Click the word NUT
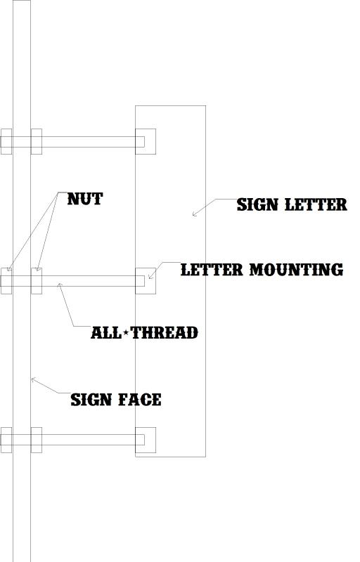85,199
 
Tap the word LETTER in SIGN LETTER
316,204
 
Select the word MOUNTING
297,270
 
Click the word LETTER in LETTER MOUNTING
212,270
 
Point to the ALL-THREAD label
145,332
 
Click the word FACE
140,400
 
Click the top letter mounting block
146,142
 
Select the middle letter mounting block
146,281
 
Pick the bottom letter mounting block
146,440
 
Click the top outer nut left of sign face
6,142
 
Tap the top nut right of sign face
37,142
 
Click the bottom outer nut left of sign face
6,440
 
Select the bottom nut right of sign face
37,440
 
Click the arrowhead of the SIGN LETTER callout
193,216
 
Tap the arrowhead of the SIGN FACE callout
32,379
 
